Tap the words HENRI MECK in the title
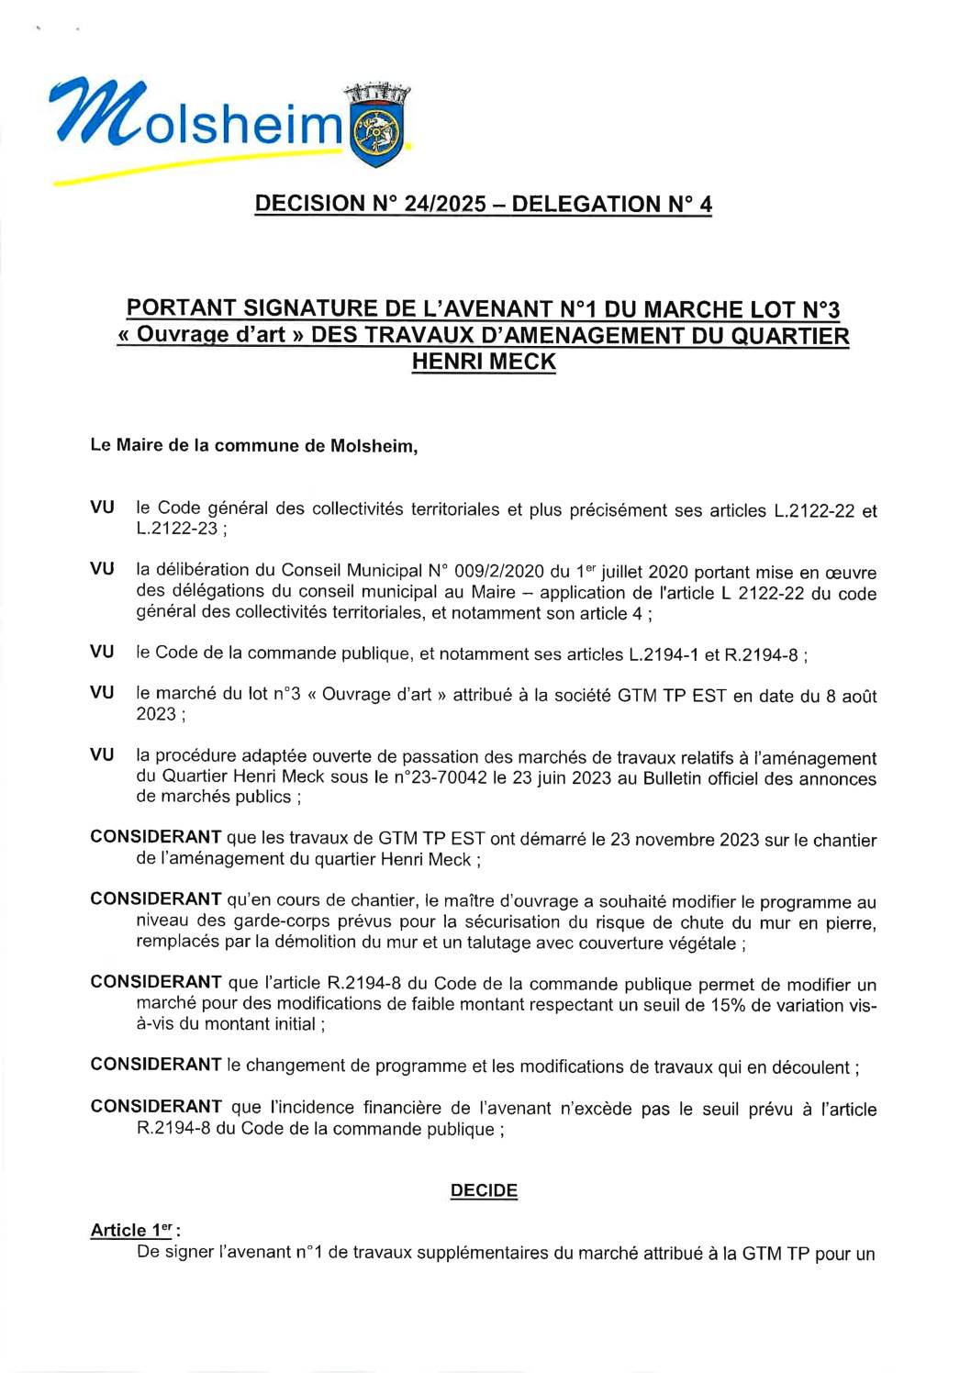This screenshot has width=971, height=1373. (x=484, y=363)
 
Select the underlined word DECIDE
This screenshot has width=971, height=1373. (x=484, y=1190)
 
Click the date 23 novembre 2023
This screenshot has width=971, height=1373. (x=684, y=840)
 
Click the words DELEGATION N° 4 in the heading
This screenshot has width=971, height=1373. (x=611, y=205)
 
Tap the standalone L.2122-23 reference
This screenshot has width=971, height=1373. (x=177, y=529)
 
